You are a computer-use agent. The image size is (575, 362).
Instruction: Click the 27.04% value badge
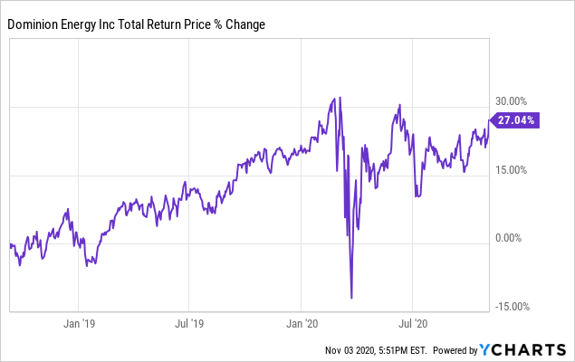(x=516, y=119)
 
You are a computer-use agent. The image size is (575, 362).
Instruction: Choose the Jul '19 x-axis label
(x=187, y=322)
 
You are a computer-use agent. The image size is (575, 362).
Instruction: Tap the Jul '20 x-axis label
(x=413, y=322)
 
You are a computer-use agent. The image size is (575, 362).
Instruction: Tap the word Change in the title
(x=249, y=24)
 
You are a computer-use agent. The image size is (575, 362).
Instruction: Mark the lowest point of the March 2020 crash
(x=351, y=298)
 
